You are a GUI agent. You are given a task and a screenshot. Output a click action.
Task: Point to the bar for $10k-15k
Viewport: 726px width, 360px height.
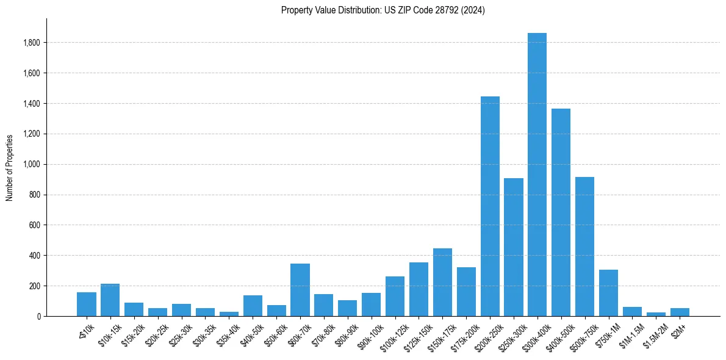(x=110, y=300)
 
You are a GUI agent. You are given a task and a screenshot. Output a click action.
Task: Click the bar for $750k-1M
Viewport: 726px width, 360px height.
(x=608, y=293)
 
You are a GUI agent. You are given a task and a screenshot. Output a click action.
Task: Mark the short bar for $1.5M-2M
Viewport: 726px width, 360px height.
(x=656, y=314)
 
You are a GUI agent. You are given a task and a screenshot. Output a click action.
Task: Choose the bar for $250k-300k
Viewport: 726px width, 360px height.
(x=514, y=247)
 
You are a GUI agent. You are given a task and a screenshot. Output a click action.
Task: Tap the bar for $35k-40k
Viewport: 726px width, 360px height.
(x=229, y=314)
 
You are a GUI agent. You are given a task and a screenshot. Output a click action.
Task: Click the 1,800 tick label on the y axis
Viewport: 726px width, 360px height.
(x=32, y=43)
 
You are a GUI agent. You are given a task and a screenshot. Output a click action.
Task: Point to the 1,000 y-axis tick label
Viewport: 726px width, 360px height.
(x=32, y=164)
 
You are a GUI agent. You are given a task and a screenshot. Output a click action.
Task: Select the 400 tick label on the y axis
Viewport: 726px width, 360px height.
(x=35, y=256)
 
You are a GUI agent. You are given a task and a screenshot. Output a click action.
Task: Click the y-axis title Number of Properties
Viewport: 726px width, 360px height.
(x=9, y=167)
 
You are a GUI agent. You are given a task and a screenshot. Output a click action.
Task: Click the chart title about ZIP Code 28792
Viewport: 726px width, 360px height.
(x=383, y=10)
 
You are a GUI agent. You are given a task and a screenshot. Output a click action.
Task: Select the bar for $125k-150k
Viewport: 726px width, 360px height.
(x=419, y=289)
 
